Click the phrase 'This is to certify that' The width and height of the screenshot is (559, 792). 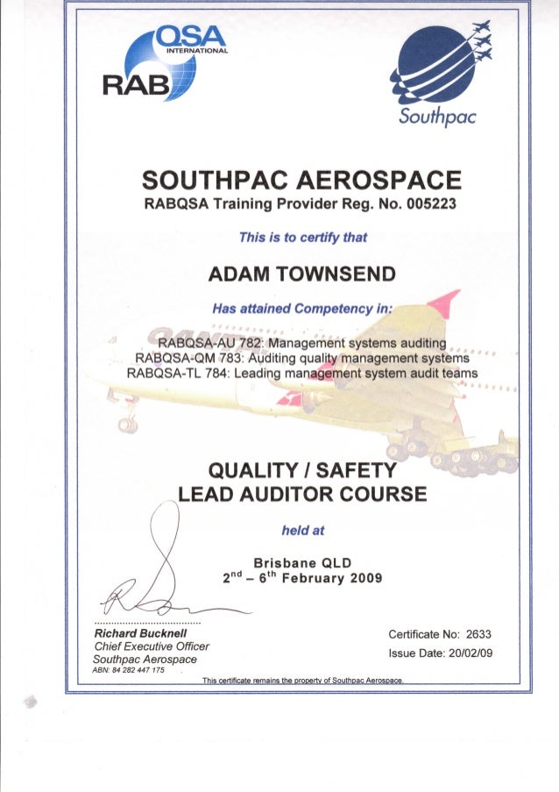coord(302,237)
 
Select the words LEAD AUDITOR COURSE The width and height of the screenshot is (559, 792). coord(302,495)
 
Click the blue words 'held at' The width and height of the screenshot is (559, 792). coord(302,530)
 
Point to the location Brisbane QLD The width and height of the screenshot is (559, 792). coord(302,562)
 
